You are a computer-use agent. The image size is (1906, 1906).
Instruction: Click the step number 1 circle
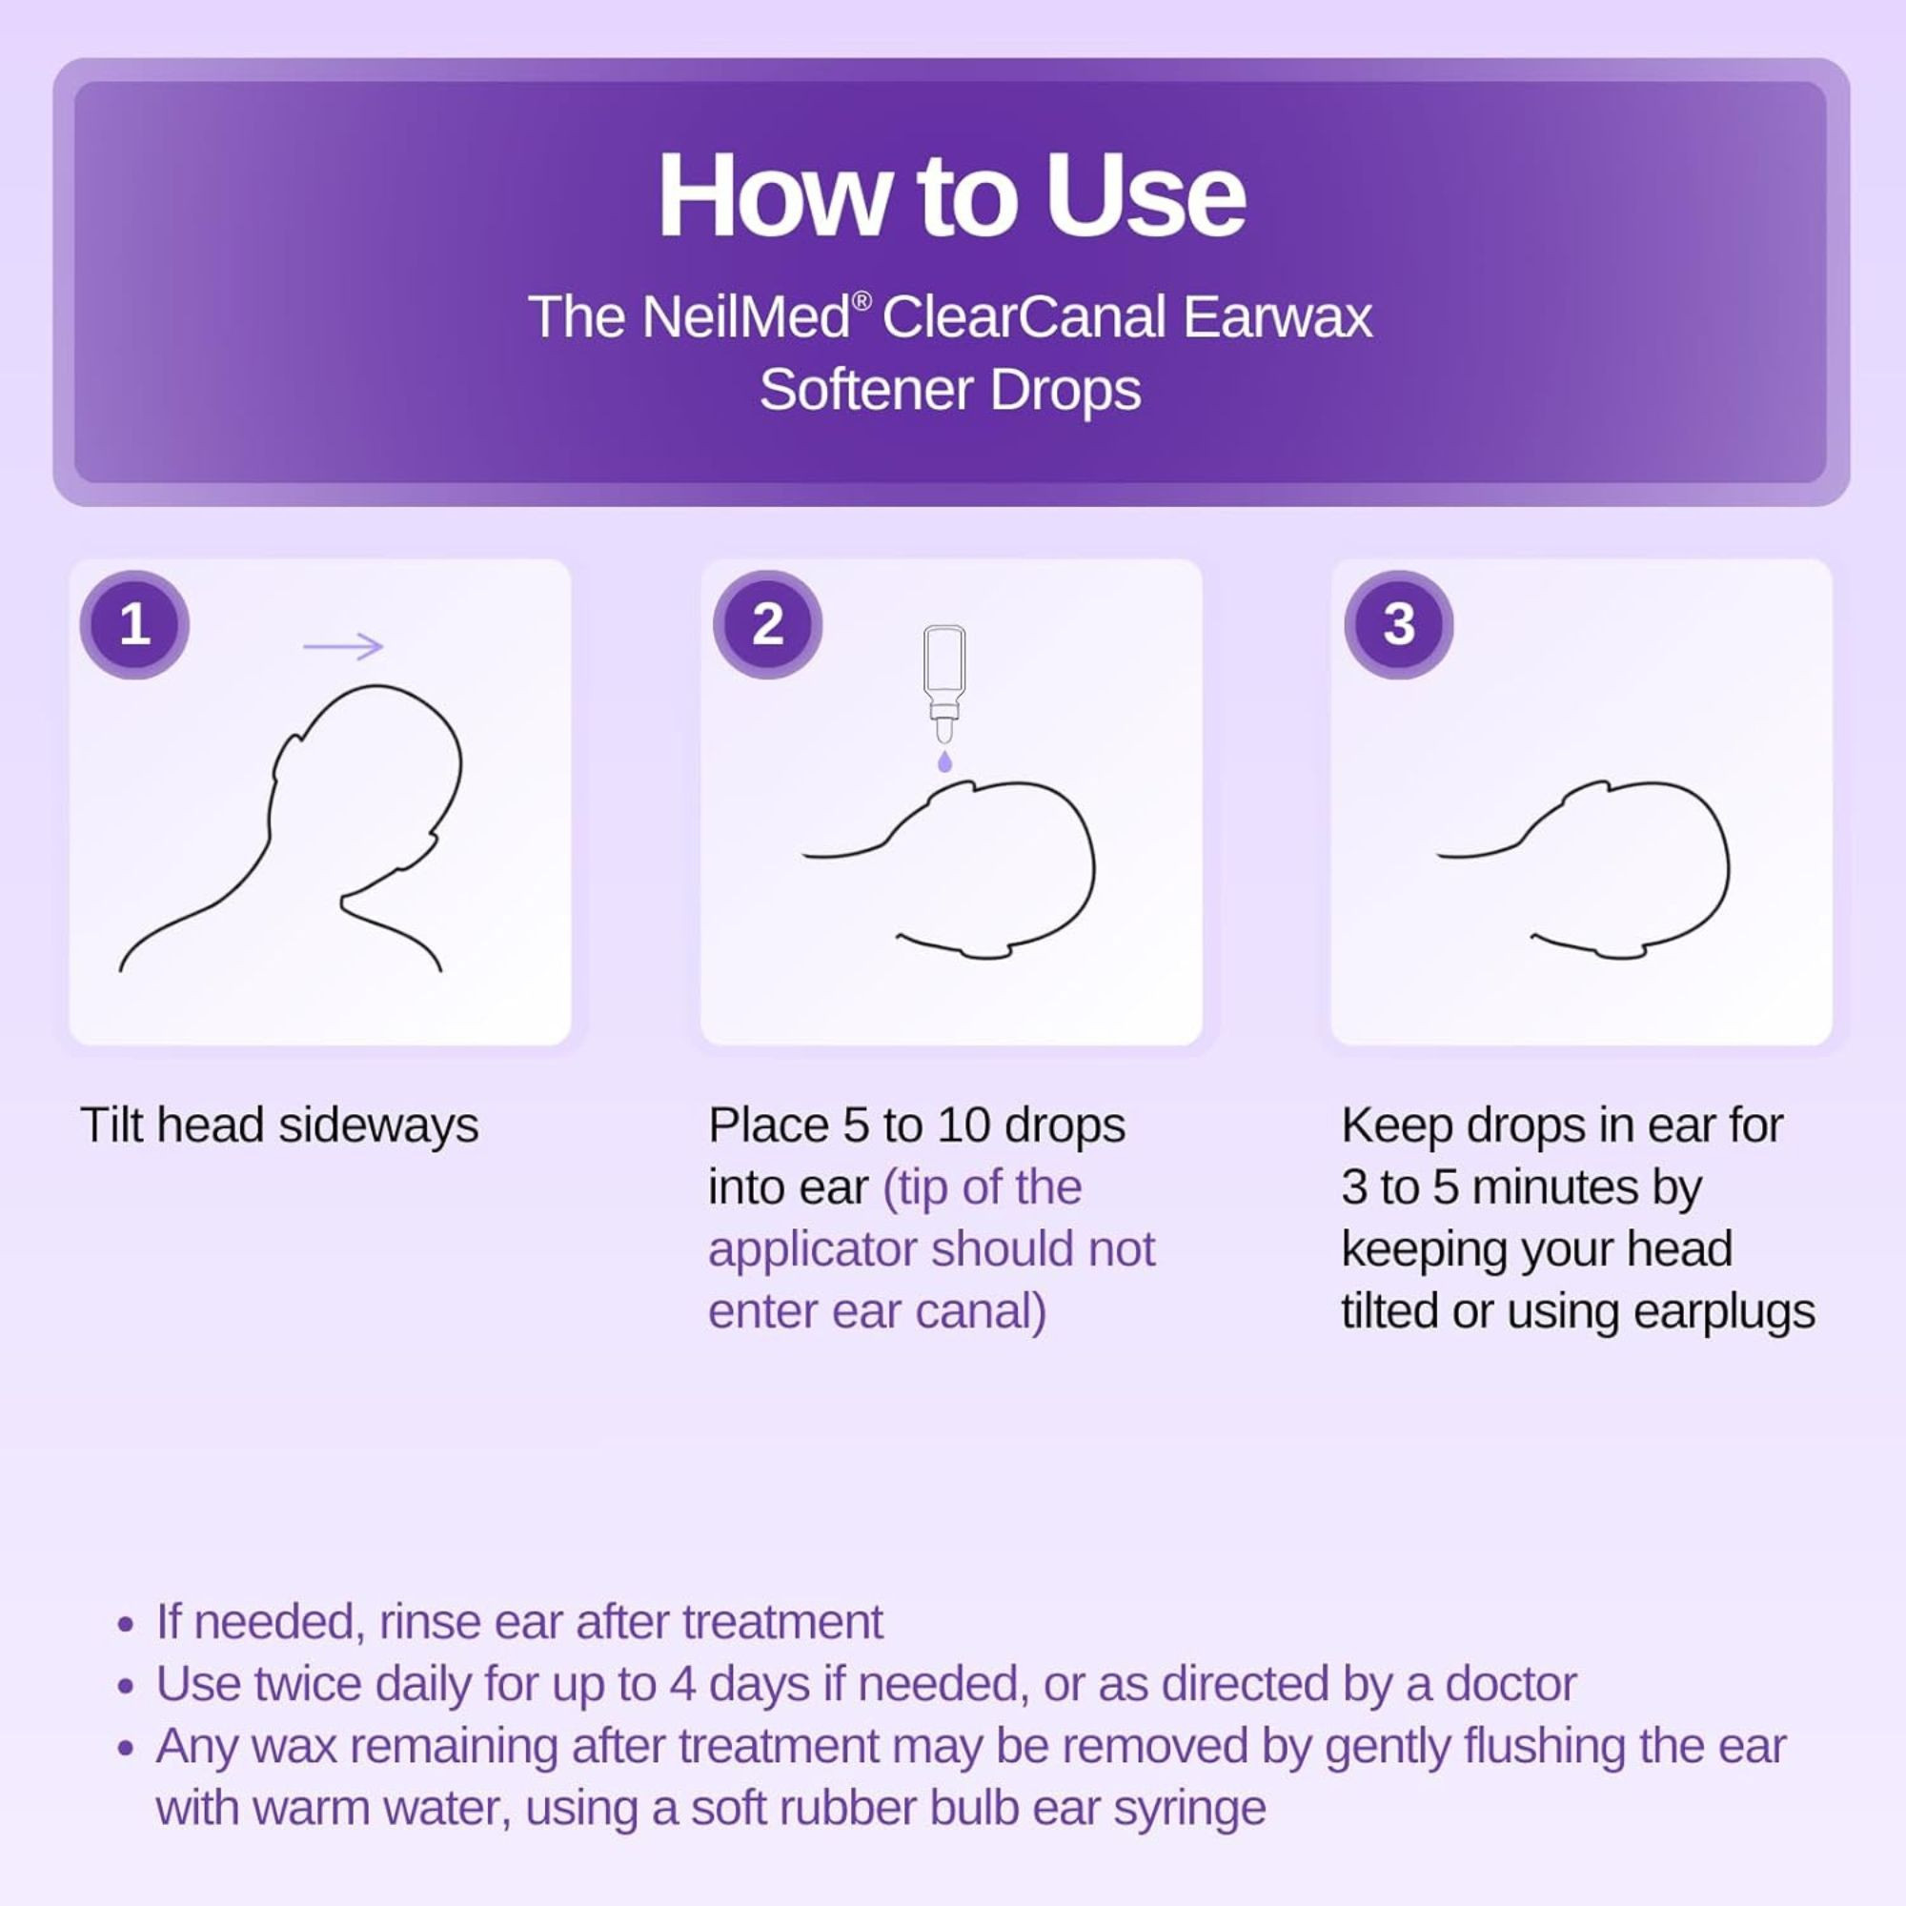tap(134, 624)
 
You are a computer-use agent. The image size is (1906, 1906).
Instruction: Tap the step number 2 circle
tap(767, 624)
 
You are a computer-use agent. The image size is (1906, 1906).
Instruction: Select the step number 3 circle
tap(1398, 624)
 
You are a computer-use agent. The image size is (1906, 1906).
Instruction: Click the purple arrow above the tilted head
tap(342, 646)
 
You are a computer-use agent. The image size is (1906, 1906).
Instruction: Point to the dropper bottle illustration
tap(944, 680)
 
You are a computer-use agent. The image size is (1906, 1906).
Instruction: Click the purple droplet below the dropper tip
tap(944, 760)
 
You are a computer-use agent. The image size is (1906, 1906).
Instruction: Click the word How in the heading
tap(773, 196)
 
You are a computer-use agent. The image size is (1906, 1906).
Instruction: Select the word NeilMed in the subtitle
tap(746, 317)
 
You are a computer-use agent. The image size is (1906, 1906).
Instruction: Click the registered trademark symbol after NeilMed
tap(862, 300)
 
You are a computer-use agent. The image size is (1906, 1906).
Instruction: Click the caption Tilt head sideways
tap(279, 1125)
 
